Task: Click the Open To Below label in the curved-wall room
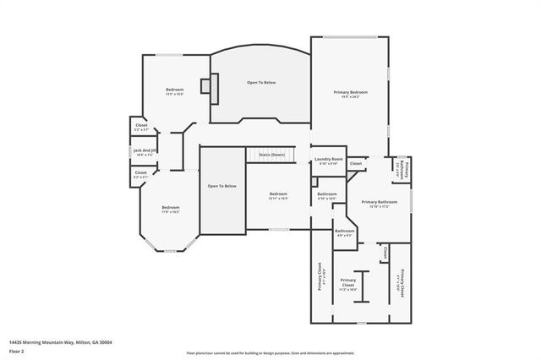coord(261,83)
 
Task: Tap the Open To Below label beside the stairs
coord(222,186)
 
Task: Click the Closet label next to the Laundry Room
coord(356,163)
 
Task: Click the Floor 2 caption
coord(17,351)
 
